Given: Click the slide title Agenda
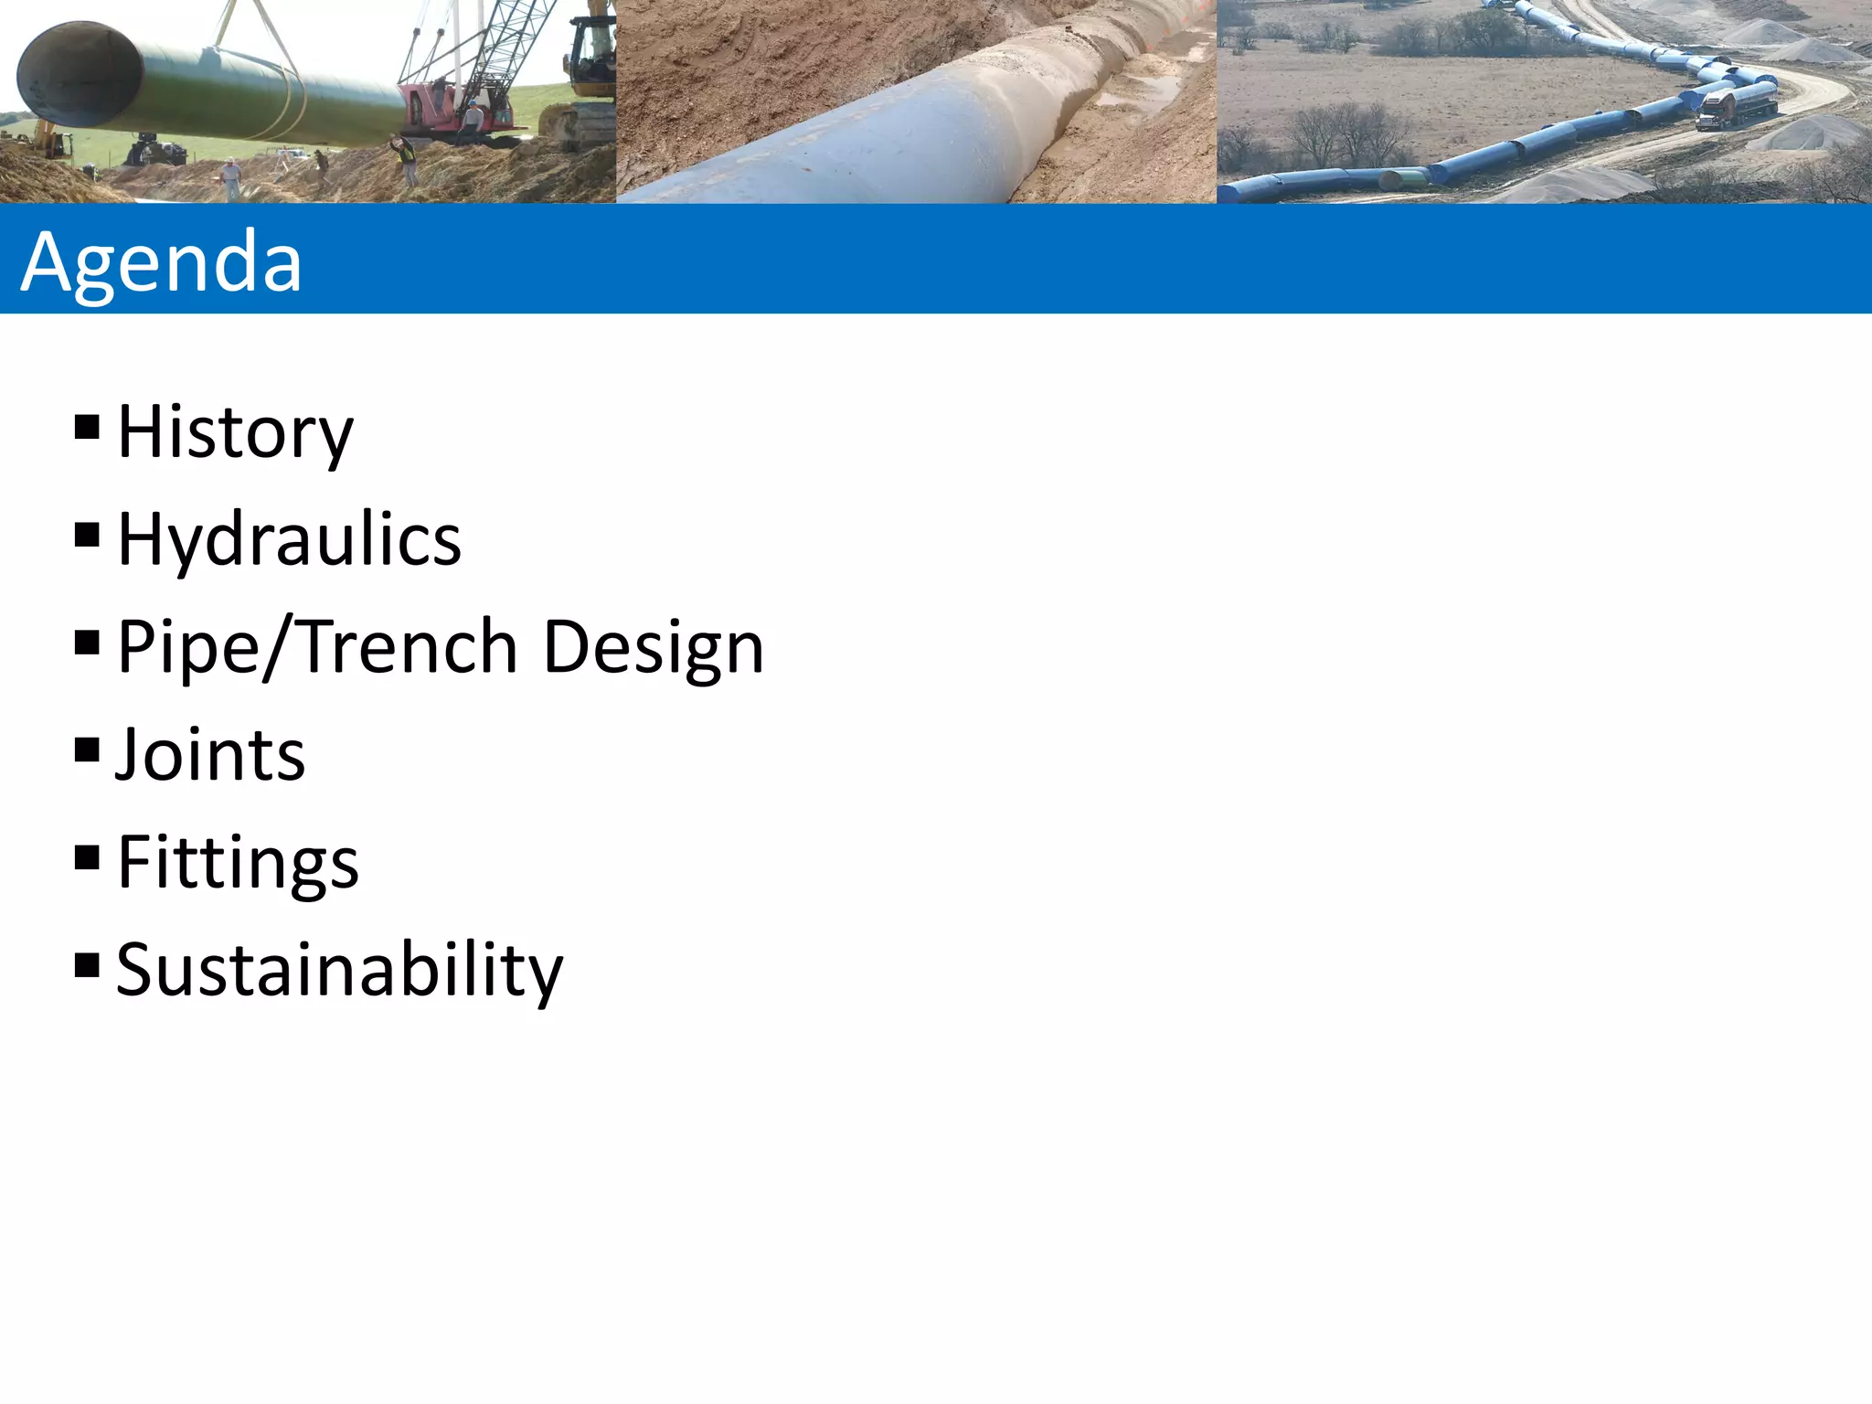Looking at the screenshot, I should click(x=161, y=261).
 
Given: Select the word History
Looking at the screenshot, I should click(x=235, y=432).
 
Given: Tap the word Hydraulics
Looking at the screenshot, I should click(x=290, y=540).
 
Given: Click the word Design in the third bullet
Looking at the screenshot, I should click(x=653, y=647).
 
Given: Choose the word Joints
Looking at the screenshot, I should click(x=210, y=755).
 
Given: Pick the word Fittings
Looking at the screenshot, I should click(x=239, y=863).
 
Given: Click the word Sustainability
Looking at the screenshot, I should click(x=340, y=970).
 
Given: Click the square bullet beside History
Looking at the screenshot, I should click(x=87, y=427).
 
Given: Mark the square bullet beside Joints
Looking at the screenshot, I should click(x=87, y=750).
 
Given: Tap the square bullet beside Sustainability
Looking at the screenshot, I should click(x=87, y=965).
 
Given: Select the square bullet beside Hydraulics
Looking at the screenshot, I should click(x=87, y=535).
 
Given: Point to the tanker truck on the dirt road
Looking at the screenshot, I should click(x=1736, y=105).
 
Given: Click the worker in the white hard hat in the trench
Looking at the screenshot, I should click(x=232, y=177).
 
